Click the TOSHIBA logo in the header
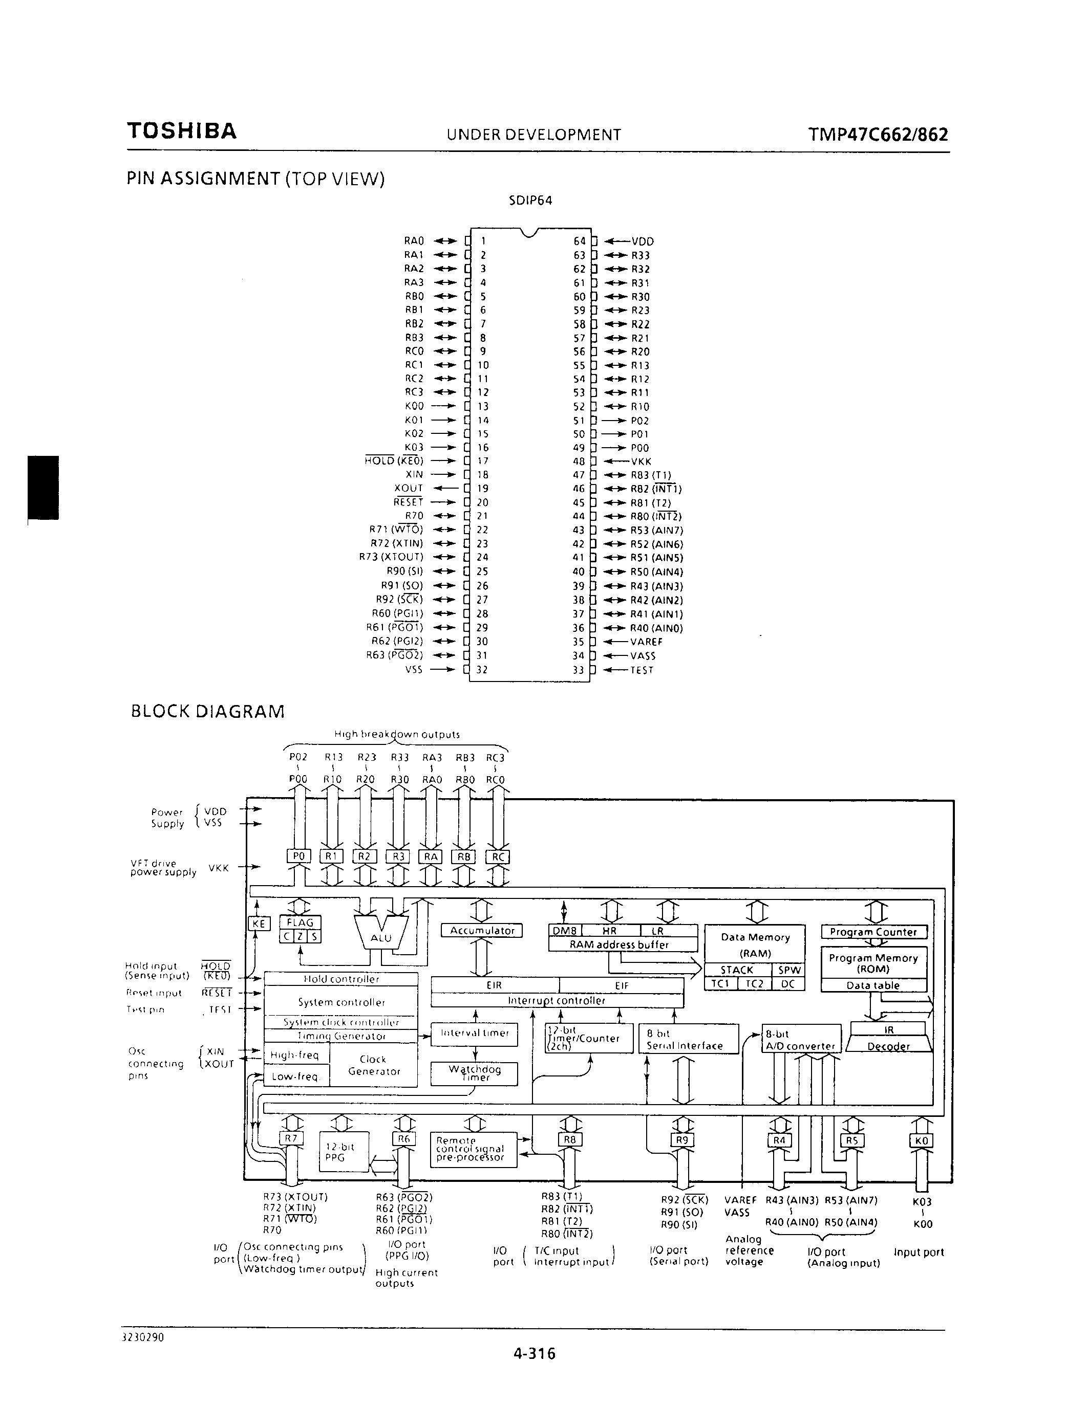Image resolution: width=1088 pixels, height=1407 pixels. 182,131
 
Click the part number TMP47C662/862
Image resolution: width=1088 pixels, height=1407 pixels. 878,135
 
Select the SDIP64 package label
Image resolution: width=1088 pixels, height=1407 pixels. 530,201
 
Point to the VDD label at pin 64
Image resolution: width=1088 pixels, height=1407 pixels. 643,241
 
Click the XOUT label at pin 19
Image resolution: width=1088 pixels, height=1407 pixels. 409,488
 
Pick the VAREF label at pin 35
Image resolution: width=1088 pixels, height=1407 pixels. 647,642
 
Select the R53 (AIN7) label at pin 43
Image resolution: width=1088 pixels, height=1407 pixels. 657,530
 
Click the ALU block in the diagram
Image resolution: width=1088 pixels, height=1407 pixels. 381,937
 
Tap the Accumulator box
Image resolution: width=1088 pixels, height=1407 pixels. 481,930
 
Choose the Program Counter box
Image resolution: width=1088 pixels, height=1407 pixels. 873,932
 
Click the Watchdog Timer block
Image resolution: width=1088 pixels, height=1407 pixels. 475,1073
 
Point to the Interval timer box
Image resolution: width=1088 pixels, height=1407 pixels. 475,1032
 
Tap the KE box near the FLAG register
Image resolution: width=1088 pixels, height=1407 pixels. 259,923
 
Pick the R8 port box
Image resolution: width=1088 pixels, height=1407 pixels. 570,1139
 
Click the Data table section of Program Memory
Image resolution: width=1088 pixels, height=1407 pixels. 873,985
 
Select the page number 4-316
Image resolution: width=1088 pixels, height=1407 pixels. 535,1353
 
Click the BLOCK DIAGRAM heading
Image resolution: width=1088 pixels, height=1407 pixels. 207,711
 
